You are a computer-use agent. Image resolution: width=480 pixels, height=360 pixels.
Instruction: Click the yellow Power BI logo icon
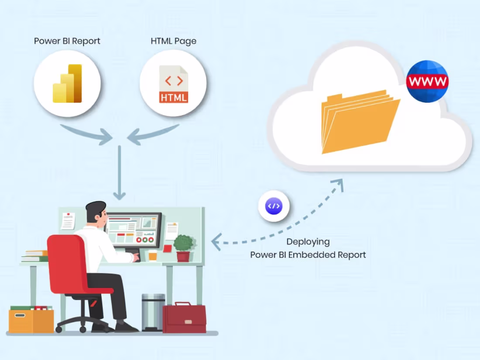(67, 83)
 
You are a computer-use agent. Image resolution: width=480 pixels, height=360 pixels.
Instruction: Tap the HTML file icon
(174, 84)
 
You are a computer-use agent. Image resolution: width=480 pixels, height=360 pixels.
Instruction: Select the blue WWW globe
(427, 81)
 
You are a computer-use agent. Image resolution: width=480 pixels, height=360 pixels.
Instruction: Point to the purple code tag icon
(274, 206)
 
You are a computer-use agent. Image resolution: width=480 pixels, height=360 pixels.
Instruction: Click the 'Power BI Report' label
(67, 41)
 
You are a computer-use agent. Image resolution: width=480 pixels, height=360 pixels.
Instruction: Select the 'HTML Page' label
(173, 41)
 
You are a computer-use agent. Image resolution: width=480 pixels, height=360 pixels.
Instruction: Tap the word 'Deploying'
(308, 242)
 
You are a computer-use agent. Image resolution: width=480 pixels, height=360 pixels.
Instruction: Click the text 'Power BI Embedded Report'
(308, 255)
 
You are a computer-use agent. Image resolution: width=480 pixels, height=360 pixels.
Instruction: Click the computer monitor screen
(134, 230)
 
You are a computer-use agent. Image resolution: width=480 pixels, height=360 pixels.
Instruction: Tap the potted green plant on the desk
(184, 248)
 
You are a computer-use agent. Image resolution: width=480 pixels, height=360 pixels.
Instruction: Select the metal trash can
(153, 312)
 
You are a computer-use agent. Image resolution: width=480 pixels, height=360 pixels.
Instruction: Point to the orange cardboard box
(31, 321)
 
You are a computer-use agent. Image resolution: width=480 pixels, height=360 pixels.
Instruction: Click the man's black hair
(95, 209)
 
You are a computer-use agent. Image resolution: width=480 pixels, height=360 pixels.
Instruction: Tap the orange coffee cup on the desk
(152, 255)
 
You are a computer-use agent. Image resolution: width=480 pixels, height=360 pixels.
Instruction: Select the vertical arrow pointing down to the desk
(120, 173)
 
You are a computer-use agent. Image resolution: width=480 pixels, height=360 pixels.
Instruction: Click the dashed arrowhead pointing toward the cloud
(338, 185)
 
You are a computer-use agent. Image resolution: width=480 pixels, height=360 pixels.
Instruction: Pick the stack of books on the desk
(35, 256)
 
